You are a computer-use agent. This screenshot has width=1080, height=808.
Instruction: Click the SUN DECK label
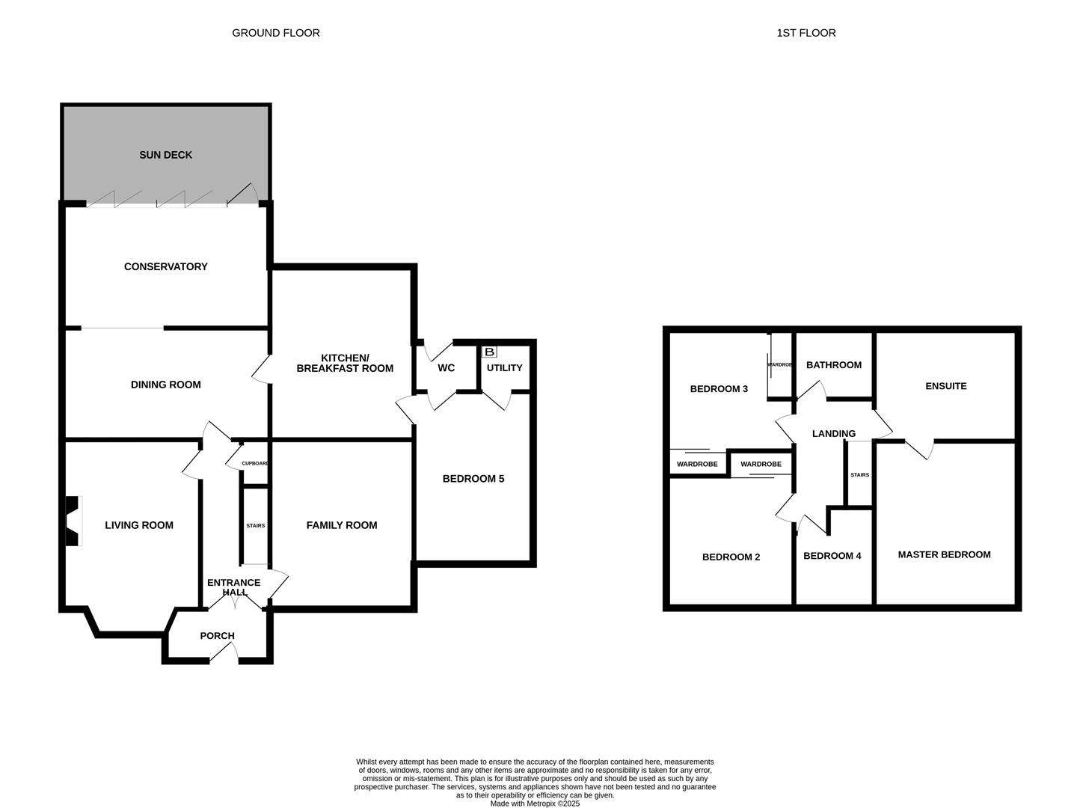[x=165, y=155]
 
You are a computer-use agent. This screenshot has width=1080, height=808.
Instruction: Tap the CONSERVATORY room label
[x=165, y=266]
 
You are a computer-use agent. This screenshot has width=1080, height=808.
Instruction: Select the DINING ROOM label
[x=165, y=385]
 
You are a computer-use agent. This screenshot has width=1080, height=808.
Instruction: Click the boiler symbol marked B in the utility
[x=490, y=352]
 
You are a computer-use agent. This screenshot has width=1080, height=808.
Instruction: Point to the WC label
[x=446, y=368]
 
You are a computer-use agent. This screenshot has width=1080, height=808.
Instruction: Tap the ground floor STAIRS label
[x=255, y=526]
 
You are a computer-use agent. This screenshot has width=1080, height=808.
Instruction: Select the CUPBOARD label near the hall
[x=255, y=464]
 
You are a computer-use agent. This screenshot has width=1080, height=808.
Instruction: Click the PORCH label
[x=217, y=636]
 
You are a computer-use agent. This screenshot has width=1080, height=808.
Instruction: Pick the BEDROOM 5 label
[x=473, y=479]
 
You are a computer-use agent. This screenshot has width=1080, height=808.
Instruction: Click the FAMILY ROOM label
[x=342, y=525]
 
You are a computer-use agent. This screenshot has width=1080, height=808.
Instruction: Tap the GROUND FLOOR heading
[x=276, y=33]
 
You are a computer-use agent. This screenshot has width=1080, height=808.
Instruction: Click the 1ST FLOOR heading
[x=806, y=33]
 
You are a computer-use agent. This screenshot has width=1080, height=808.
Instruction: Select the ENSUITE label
[x=946, y=386]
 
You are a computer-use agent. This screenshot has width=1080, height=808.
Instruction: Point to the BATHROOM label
[x=834, y=365]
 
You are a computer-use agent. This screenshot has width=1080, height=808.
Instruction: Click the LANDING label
[x=834, y=434]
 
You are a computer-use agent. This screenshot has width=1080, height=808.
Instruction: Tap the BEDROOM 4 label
[x=832, y=556]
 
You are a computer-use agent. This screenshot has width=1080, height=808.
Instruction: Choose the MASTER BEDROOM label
[x=944, y=554]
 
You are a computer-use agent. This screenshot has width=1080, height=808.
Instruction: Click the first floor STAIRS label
[x=859, y=475]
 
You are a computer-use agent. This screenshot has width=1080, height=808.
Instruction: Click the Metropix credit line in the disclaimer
[x=535, y=804]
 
